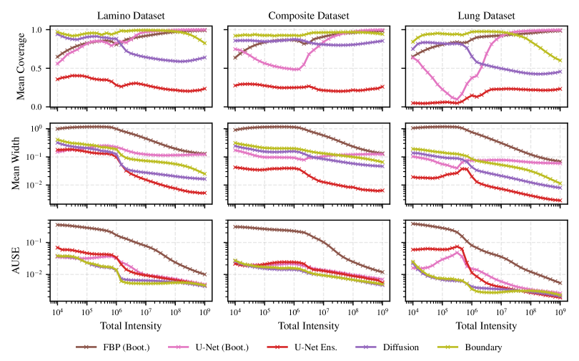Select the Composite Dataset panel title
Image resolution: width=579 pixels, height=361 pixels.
[x=308, y=15]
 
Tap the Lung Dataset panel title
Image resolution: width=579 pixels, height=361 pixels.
[x=486, y=15]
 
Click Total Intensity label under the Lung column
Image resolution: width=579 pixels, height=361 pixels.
[x=486, y=326]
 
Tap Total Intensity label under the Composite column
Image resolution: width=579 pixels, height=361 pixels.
[x=308, y=326]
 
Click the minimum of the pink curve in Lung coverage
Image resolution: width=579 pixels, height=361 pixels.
[x=455, y=100]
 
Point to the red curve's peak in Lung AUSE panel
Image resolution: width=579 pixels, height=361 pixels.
[x=457, y=246]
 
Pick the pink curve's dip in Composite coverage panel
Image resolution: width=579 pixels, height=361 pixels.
[x=295, y=69]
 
